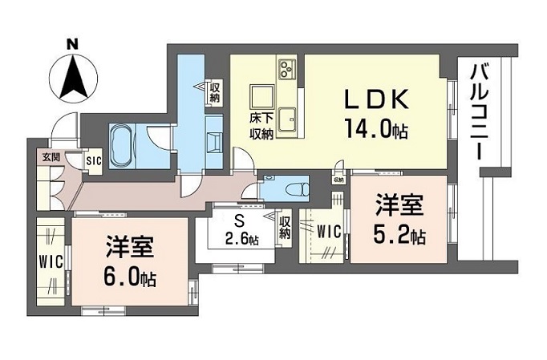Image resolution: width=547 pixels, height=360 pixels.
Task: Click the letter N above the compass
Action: coord(72,44)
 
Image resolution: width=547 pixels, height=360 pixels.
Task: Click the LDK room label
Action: coord(377,99)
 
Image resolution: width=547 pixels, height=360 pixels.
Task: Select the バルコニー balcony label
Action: coord(479,112)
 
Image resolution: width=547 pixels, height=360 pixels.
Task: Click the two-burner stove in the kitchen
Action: coord(287,69)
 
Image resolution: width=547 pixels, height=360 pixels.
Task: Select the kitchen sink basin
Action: coord(287,119)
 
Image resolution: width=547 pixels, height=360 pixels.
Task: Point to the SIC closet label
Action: coord(94,161)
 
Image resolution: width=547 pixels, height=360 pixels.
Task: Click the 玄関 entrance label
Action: coord(51,157)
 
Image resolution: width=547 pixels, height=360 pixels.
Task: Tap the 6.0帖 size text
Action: coord(129,278)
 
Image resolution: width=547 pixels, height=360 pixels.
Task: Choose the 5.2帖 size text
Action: coord(399,236)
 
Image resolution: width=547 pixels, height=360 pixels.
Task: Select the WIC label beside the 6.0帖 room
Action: coord(51,262)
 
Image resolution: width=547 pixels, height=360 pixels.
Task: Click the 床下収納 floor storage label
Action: coord(261,126)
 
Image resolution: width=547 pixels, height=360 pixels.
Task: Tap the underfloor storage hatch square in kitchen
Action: coord(262,97)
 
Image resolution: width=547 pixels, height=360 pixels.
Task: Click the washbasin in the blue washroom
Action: coord(214,143)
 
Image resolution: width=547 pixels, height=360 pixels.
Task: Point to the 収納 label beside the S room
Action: coord(285,228)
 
